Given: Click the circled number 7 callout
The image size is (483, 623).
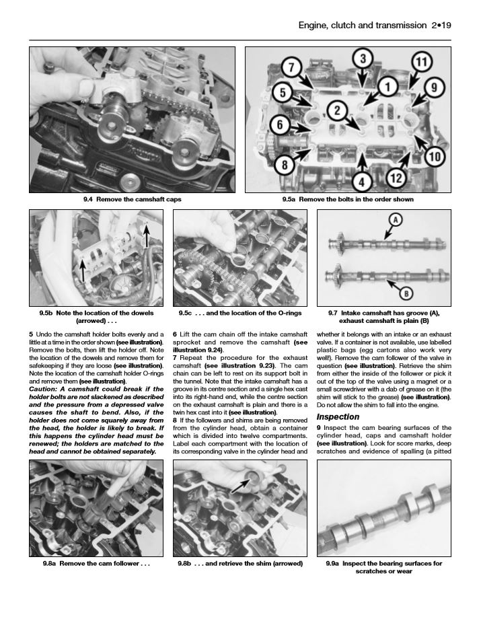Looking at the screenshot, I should (291, 68).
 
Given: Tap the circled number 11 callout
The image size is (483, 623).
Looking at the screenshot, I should (420, 62).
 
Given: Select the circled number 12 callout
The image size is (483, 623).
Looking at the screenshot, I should (396, 178).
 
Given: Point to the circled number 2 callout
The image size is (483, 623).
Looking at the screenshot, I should (338, 110).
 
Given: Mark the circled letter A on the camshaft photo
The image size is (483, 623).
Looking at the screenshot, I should (395, 219).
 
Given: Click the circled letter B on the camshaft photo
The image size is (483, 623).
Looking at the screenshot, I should (406, 293).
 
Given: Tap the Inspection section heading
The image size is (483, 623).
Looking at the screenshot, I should (338, 417).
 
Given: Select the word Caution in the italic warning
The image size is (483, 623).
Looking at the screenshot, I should (44, 390).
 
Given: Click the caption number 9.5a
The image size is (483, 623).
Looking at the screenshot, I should (289, 200).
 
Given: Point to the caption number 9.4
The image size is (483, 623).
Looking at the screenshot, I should (88, 200).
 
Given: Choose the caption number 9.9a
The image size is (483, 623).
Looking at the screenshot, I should (332, 564).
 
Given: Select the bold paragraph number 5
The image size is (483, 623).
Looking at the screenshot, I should (31, 334).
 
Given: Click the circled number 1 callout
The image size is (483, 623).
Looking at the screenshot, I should (387, 86).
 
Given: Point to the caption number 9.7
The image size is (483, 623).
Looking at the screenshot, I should (334, 313).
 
